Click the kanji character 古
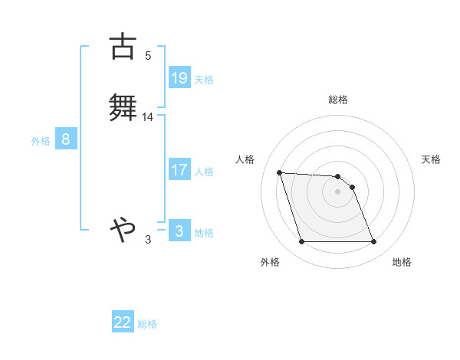click(x=123, y=47)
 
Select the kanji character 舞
click(x=123, y=107)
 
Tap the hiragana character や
click(x=123, y=228)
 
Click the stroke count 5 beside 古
click(x=148, y=56)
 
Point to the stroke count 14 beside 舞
click(x=148, y=117)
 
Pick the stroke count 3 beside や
click(x=148, y=240)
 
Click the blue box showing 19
click(x=179, y=78)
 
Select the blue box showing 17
click(x=179, y=170)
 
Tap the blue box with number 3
click(x=179, y=231)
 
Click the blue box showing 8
click(x=66, y=139)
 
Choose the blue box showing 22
click(x=123, y=322)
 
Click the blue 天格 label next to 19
click(x=203, y=80)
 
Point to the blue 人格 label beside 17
click(x=203, y=172)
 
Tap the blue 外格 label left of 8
click(x=41, y=141)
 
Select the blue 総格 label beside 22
click(x=147, y=324)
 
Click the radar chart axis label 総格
click(x=338, y=100)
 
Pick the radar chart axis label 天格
click(x=431, y=159)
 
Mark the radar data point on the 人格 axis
click(x=280, y=172)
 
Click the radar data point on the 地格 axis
click(x=374, y=242)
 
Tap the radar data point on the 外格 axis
click(x=302, y=242)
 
